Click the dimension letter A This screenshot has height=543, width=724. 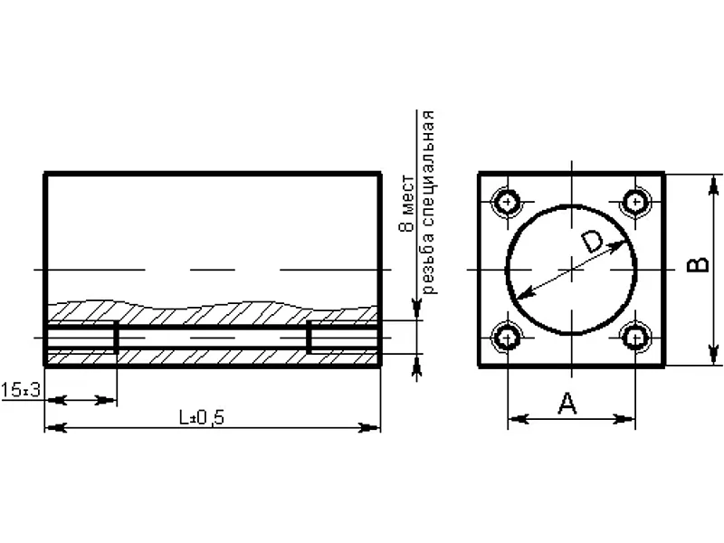567,403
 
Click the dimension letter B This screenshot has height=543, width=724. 698,264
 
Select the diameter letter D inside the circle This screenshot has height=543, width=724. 592,242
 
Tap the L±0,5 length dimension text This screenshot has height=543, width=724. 202,418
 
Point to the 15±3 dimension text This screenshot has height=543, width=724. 20,390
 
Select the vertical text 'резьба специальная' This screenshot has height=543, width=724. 428,202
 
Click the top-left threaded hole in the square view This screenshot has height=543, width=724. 508,202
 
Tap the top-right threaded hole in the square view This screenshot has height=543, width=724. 636,202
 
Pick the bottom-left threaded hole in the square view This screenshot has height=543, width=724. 508,338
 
